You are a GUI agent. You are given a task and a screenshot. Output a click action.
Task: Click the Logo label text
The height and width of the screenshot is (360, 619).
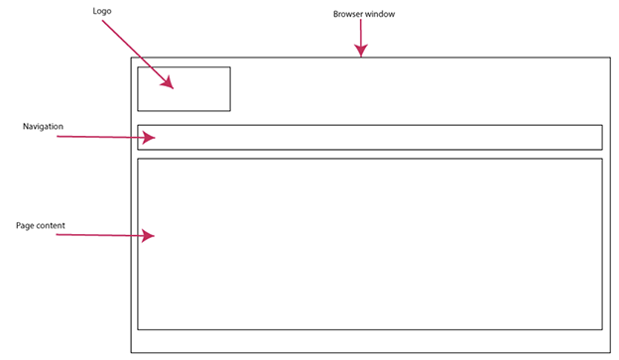point(101,11)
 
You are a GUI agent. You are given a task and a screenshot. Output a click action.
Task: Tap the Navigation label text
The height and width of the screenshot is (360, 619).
point(43,127)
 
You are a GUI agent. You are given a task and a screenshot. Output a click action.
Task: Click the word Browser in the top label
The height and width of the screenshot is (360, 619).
point(348,15)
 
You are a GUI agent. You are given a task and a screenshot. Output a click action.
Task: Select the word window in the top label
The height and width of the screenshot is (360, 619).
point(381,15)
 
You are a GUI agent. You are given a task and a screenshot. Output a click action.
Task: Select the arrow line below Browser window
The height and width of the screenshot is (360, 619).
point(361,35)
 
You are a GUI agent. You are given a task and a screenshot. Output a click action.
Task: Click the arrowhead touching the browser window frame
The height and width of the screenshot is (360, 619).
point(361,52)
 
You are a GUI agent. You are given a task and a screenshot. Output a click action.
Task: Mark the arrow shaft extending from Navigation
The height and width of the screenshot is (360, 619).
point(99,137)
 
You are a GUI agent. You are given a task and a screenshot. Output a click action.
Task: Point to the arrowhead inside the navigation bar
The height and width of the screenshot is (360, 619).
point(149,138)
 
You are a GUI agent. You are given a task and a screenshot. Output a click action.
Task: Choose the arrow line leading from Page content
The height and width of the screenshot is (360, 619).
point(99,235)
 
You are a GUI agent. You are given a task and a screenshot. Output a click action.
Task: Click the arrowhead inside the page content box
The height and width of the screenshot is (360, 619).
point(149,236)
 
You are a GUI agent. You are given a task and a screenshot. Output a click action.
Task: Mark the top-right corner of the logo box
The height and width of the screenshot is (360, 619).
point(230,67)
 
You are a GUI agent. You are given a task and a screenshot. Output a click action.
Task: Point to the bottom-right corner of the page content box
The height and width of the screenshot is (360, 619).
point(602,329)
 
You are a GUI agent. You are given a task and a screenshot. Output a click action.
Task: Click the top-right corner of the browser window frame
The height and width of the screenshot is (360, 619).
point(609,58)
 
